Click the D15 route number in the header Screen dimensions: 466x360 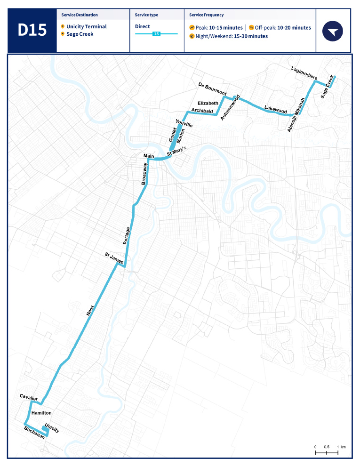click(x=32, y=30)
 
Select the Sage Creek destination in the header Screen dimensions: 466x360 click(x=80, y=34)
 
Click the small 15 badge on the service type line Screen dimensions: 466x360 click(x=156, y=34)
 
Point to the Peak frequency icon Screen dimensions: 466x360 click(x=192, y=28)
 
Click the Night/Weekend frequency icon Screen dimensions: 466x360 click(x=192, y=36)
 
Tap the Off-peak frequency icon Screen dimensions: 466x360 click(x=252, y=28)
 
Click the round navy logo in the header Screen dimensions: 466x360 click(x=333, y=31)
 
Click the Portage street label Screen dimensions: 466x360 click(x=126, y=235)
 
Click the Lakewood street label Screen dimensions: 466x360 click(x=275, y=109)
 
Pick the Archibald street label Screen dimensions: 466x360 click(x=202, y=111)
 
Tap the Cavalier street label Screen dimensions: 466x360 click(x=28, y=398)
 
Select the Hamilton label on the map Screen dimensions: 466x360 click(x=41, y=413)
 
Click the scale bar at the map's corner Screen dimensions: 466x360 click(x=327, y=452)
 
